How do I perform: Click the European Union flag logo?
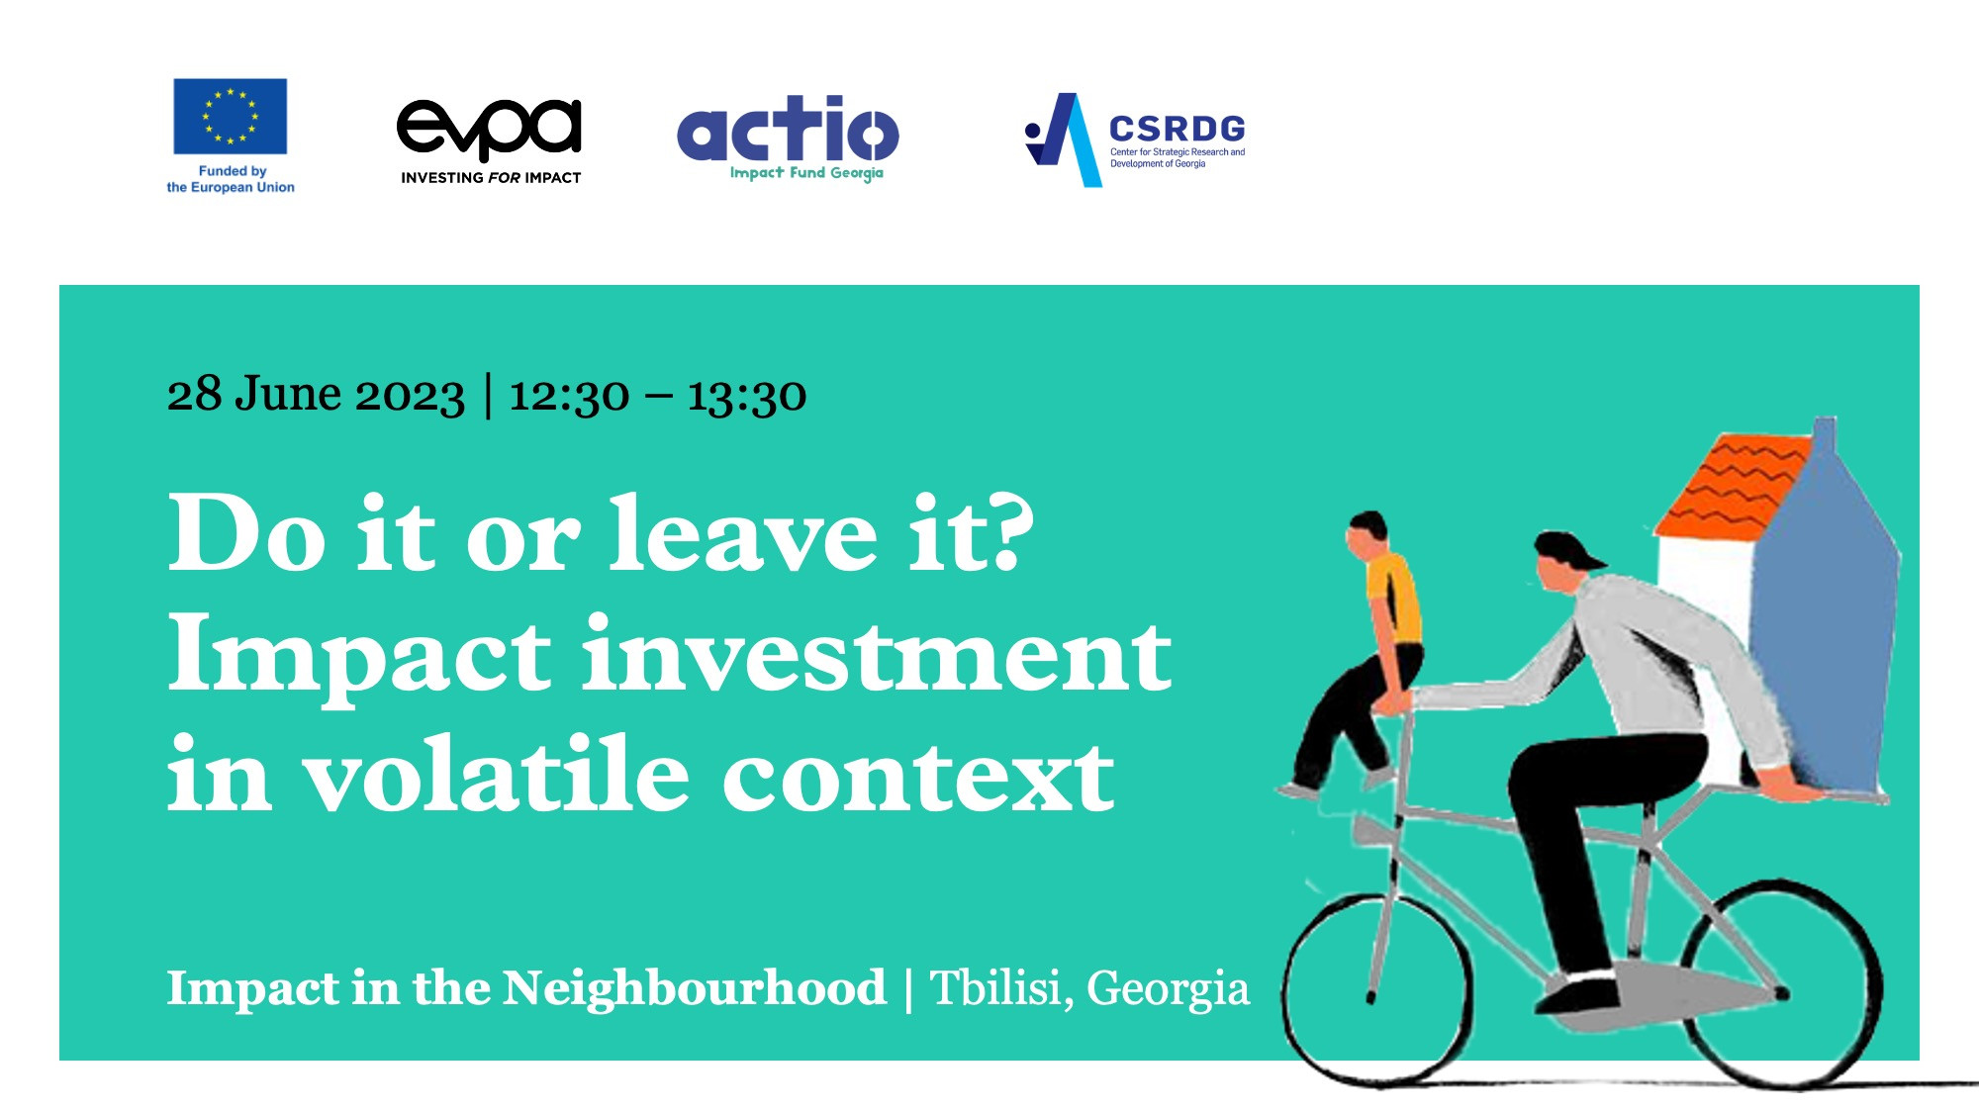231,117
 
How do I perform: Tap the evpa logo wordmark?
489,130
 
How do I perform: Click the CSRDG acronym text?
1177,129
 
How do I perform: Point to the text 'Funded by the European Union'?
231,179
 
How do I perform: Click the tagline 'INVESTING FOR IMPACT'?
491,178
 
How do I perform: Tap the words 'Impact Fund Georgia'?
806,173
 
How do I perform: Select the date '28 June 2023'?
316,394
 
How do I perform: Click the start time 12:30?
569,396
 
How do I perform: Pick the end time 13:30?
747,396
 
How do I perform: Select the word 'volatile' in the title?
495,774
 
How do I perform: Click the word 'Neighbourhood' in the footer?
695,987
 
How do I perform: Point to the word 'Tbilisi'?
1002,987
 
